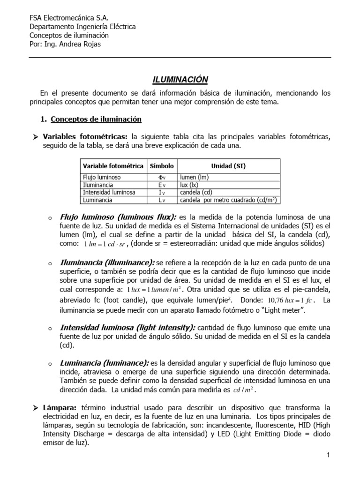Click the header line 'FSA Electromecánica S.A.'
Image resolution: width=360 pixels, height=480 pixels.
[x=69, y=18]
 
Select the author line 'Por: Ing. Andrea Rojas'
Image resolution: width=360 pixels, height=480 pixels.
[x=65, y=44]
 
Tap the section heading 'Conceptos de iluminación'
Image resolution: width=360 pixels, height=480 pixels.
[x=96, y=120]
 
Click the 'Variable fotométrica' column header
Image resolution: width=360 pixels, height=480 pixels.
[x=113, y=166]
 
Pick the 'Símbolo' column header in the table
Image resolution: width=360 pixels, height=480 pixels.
[x=162, y=166]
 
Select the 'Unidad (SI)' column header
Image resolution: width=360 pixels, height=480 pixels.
[x=228, y=166]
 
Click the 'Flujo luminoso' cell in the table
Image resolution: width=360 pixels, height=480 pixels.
[x=102, y=178]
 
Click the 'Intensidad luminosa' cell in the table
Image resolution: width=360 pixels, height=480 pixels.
[x=109, y=192]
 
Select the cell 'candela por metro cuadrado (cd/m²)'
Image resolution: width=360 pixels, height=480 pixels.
[x=228, y=200]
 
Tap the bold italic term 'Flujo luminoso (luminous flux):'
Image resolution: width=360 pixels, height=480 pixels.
[x=118, y=217]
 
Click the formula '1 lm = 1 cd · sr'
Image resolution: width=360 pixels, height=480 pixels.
[x=105, y=244]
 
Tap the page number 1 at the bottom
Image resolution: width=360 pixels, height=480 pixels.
[x=329, y=455]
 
